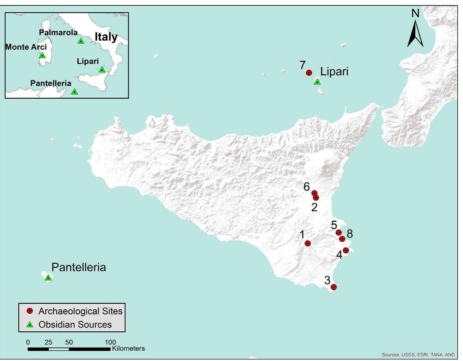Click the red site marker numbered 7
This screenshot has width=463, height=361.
(x=309, y=73)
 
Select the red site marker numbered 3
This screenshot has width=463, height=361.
(x=334, y=287)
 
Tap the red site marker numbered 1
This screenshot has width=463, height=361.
(x=308, y=243)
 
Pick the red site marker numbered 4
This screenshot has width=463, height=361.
(x=346, y=250)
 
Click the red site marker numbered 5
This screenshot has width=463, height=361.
(x=338, y=232)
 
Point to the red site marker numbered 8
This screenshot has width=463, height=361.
(x=342, y=239)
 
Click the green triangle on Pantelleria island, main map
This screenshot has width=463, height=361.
(x=48, y=278)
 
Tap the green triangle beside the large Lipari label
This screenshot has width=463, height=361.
(x=317, y=82)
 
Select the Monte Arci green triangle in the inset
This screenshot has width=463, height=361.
(x=42, y=55)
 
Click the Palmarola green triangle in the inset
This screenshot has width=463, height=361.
(x=81, y=41)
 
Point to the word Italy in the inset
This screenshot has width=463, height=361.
(x=106, y=37)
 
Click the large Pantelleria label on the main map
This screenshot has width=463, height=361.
(x=79, y=267)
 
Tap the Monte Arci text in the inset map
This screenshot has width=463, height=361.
(x=26, y=47)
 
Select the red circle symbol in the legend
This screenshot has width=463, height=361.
(x=30, y=311)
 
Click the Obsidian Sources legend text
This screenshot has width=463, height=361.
(x=75, y=325)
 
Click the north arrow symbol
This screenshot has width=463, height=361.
(x=415, y=34)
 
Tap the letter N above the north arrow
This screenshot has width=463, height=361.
(x=415, y=13)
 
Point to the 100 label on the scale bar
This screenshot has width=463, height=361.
(x=110, y=342)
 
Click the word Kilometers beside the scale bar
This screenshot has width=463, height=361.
(x=128, y=349)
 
